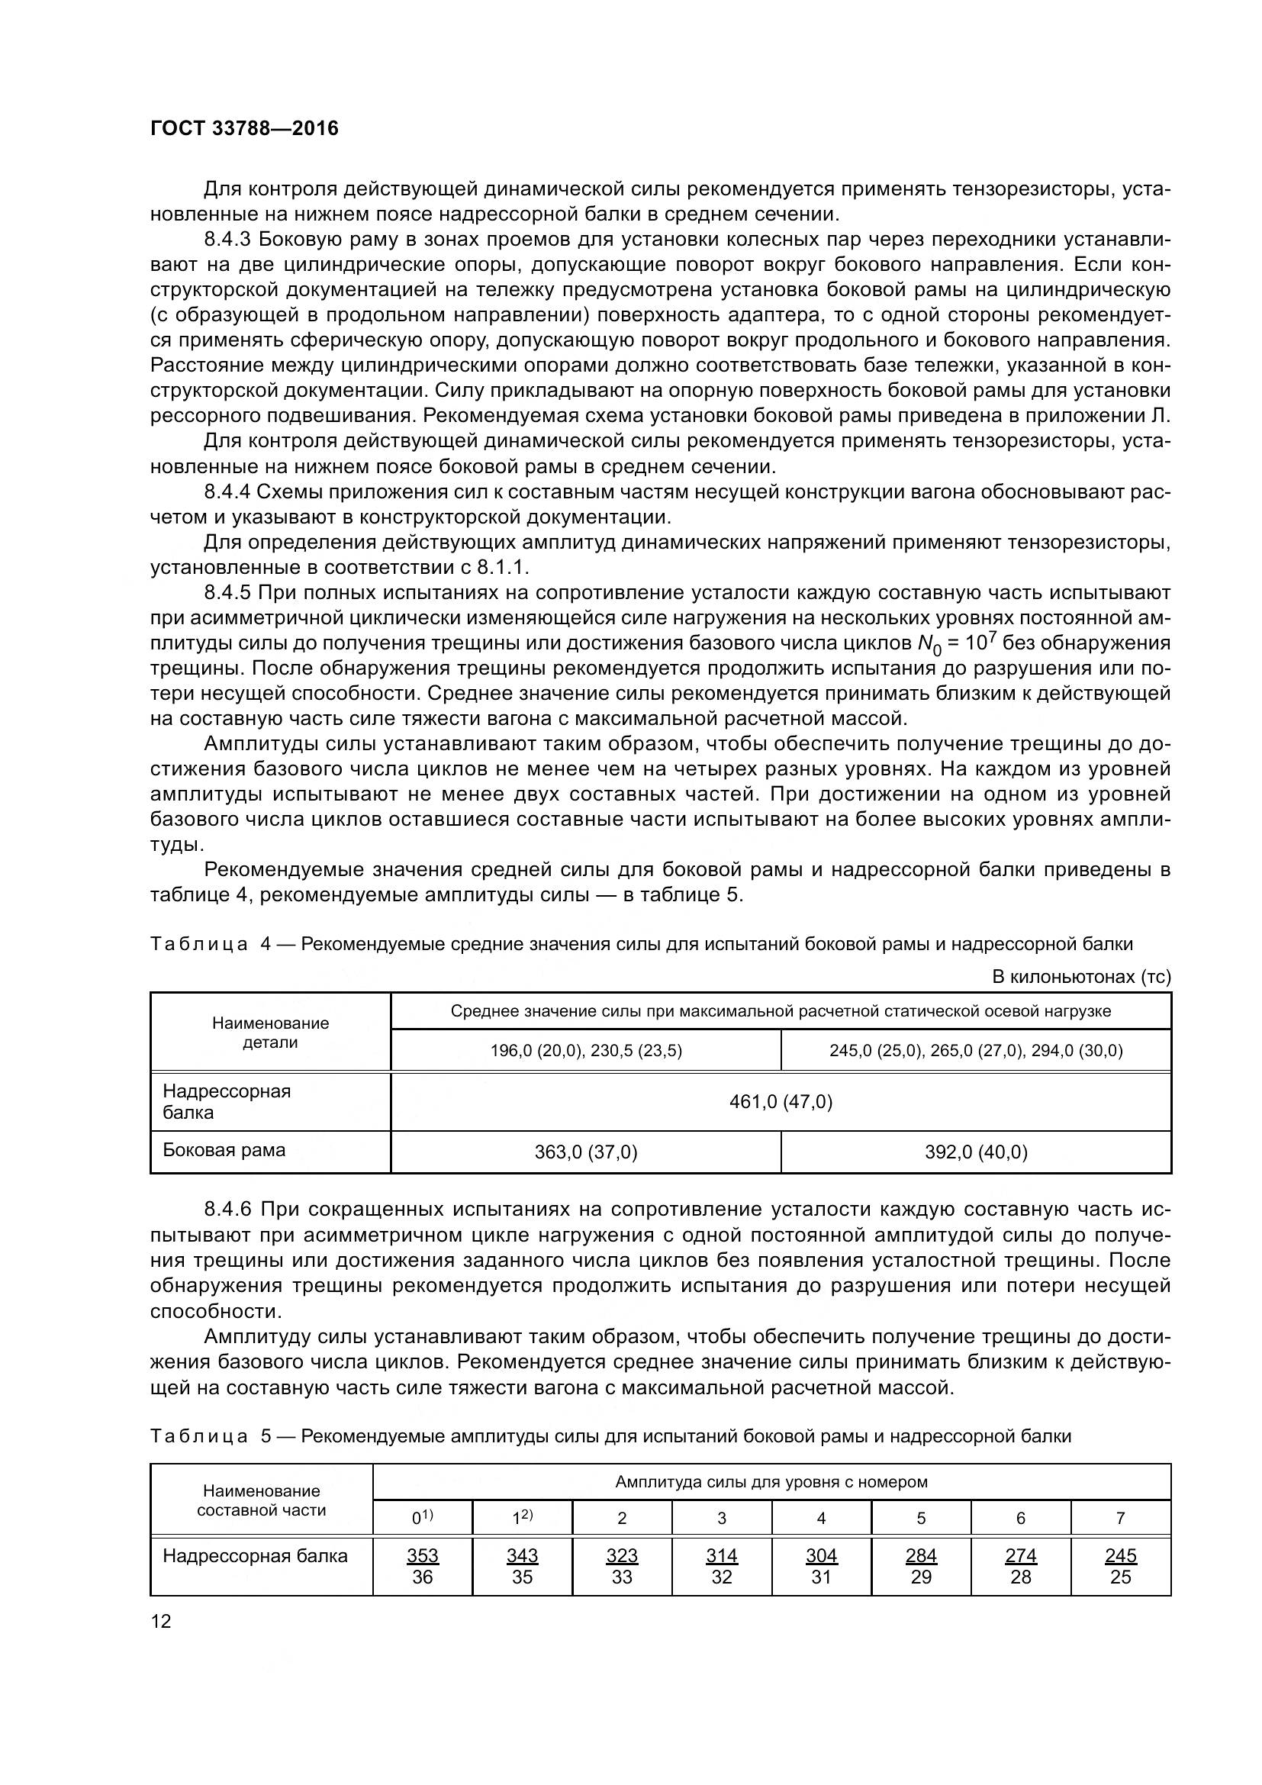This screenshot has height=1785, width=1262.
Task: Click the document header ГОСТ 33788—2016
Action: coord(244,128)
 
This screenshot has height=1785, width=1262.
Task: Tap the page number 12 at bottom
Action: coord(161,1621)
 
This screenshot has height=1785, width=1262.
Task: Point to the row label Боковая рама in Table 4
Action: coord(224,1150)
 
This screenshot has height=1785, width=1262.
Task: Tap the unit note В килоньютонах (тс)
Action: coord(1081,977)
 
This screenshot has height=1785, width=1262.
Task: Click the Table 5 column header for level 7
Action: coord(1120,1518)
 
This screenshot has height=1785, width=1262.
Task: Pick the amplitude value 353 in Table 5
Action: coord(422,1555)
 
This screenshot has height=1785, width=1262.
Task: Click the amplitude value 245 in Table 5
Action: coord(1120,1555)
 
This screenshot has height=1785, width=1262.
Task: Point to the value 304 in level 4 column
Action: coord(821,1555)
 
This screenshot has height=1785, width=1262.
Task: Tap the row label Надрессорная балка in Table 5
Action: coord(255,1556)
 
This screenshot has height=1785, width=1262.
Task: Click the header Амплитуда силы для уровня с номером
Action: coord(771,1482)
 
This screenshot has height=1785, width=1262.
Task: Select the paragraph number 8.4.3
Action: coord(227,240)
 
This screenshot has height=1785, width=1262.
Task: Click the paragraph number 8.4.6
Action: coord(227,1210)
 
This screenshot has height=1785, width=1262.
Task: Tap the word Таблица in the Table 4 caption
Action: coord(199,945)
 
